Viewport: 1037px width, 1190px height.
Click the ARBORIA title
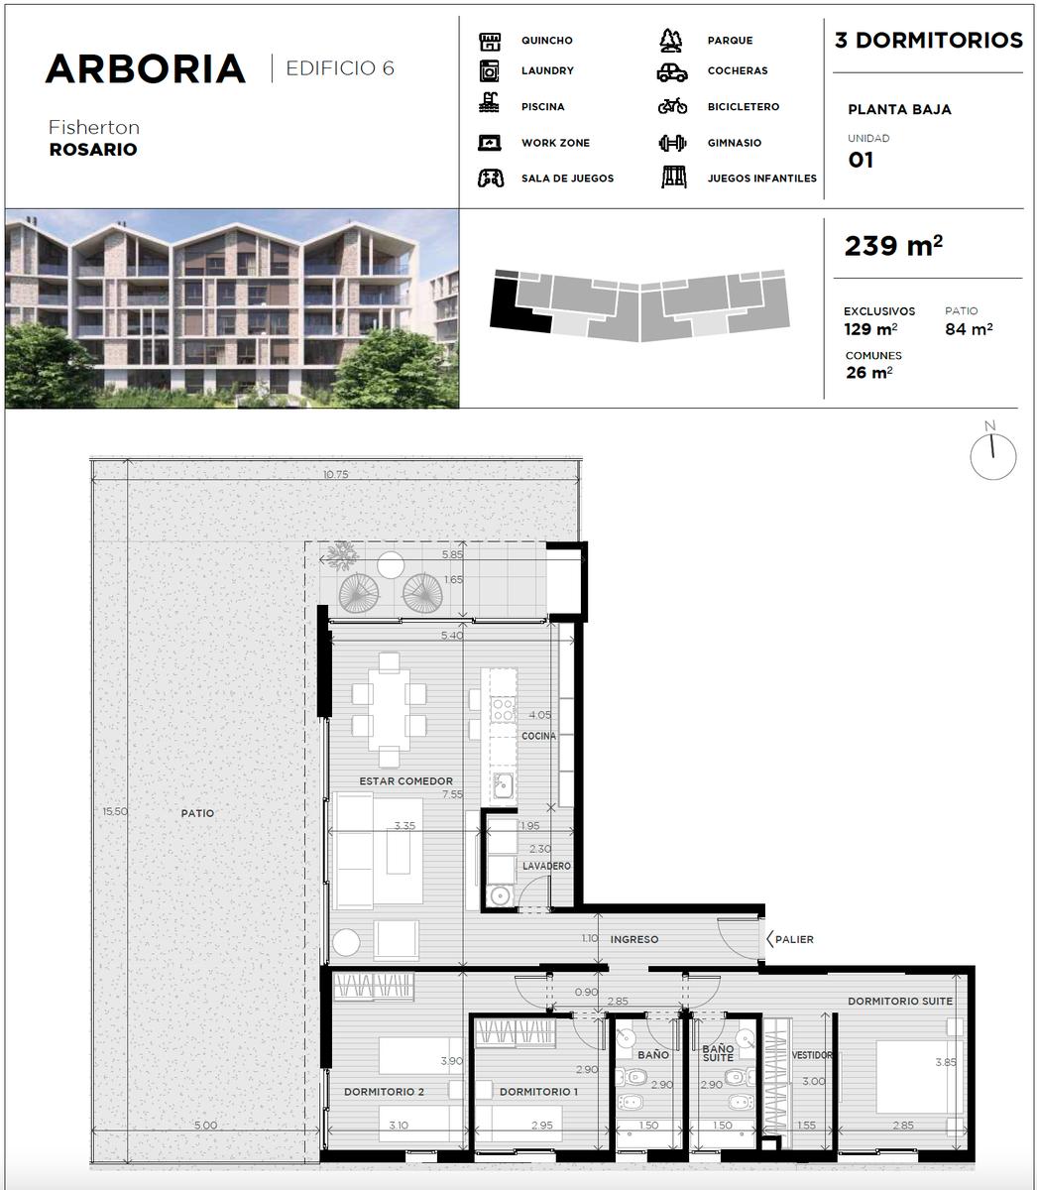146,69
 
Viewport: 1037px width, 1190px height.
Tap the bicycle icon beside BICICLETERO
672,106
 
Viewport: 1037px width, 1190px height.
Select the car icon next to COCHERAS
672,72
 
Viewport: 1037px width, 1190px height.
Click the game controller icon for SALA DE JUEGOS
491,178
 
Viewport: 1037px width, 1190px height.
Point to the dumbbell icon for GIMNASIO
672,143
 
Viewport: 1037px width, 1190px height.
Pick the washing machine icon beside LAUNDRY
490,71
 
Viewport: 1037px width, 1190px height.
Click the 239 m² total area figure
893,246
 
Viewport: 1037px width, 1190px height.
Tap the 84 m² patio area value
969,329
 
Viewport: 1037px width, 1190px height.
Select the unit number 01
861,160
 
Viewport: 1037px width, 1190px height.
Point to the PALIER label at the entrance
794,939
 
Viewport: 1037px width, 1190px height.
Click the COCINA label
539,736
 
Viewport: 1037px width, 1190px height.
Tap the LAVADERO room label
546,866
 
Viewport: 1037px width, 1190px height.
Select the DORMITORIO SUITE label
900,1001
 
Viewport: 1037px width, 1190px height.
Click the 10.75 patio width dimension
336,475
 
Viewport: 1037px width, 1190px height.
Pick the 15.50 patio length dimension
115,811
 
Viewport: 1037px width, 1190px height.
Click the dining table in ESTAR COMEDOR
389,710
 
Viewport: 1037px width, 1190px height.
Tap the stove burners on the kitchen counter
504,710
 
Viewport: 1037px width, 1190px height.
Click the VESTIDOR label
812,1055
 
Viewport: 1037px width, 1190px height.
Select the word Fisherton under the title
94,127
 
